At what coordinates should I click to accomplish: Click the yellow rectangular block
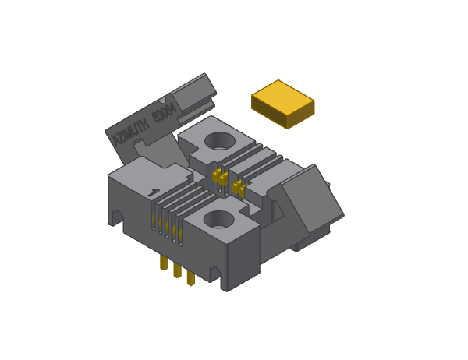[x=282, y=104]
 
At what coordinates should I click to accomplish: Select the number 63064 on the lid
[x=164, y=115]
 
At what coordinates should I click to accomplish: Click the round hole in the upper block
[x=221, y=140]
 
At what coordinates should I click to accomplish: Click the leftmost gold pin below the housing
[x=163, y=263]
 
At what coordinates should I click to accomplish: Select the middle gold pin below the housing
[x=177, y=270]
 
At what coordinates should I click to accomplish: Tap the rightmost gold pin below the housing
[x=190, y=277]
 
